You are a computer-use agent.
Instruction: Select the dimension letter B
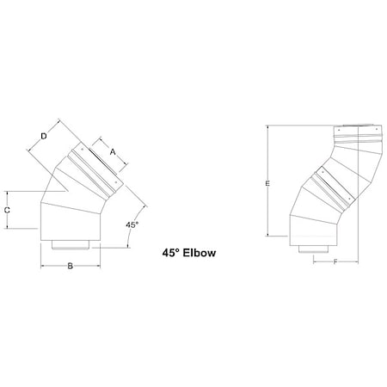pos(69,267)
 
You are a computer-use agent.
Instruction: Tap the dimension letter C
pos(7,209)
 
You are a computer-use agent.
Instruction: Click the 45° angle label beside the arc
pos(132,224)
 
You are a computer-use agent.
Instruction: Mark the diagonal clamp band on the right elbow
pos(335,185)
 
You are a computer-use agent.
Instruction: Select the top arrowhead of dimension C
pos(8,191)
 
